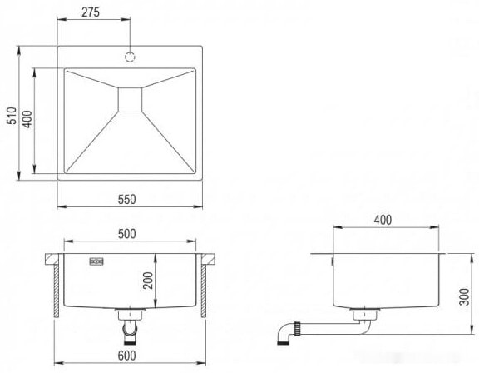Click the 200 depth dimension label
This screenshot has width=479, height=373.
click(148, 281)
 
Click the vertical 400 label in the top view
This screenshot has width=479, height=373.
click(27, 119)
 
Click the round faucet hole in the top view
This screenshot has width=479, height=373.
click(130, 57)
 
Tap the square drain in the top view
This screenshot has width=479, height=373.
click(131, 98)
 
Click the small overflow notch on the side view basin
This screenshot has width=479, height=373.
click(332, 260)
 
